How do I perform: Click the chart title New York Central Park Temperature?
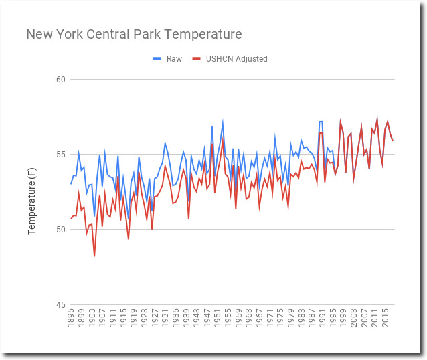click(134, 34)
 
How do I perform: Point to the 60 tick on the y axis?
click(61, 80)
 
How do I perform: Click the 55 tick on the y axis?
click(61, 155)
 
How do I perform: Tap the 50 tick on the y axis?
click(61, 230)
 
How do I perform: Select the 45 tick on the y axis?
click(61, 304)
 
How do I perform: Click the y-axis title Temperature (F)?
click(31, 192)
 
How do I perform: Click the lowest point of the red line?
click(94, 256)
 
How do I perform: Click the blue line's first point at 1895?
click(71, 183)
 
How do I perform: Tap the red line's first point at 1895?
click(71, 219)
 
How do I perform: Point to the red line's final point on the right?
click(393, 141)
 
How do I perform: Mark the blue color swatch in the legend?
click(157, 59)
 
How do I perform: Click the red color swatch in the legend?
click(197, 59)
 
